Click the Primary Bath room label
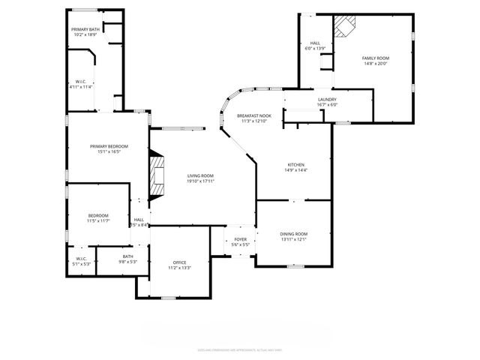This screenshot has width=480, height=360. click(84, 29)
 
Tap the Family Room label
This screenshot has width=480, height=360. click(376, 58)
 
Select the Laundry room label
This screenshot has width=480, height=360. click(327, 99)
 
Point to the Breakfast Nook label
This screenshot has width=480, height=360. click(253, 115)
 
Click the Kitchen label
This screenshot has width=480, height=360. click(296, 165)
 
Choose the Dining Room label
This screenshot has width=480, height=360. click(294, 234)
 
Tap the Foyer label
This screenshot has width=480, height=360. click(239, 239)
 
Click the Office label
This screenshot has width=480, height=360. click(180, 262)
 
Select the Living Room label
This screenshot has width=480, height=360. click(200, 175)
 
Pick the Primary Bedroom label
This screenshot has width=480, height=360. click(109, 146)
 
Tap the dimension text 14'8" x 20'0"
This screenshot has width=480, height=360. click(376, 64)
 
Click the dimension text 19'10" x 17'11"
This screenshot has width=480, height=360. click(200, 181)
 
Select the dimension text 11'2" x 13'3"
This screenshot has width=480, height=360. click(180, 268)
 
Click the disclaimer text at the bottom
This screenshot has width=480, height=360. click(239, 349)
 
